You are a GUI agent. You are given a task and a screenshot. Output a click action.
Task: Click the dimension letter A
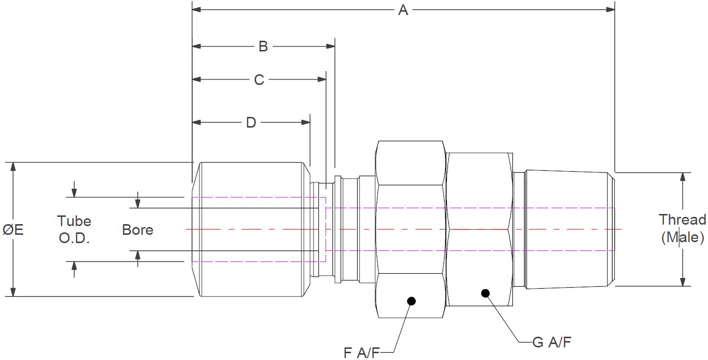(x=403, y=10)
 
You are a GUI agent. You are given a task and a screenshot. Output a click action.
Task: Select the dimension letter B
(x=263, y=46)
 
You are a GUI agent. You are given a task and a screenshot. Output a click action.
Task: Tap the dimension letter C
(x=259, y=80)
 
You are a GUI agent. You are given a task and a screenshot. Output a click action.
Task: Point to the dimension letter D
(x=251, y=122)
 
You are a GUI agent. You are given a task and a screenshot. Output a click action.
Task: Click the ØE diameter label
(x=13, y=230)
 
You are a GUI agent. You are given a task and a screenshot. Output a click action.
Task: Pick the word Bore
(x=137, y=230)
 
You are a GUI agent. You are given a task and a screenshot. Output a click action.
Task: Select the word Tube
(x=74, y=221)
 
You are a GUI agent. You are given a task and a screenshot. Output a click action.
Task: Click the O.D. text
(x=74, y=238)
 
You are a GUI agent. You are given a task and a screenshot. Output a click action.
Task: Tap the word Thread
(x=682, y=220)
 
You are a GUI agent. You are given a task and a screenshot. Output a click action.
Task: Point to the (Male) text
(x=683, y=237)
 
